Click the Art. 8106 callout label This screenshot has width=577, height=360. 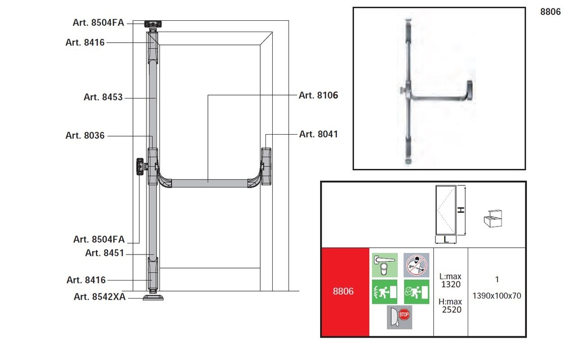tap(318, 95)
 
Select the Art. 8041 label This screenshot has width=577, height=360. tap(318, 134)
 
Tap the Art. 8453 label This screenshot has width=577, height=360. tap(103, 97)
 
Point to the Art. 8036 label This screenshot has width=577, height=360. tap(85, 135)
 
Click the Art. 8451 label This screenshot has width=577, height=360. tap(104, 253)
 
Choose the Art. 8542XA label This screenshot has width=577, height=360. tap(100, 297)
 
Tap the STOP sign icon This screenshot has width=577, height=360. tap(404, 315)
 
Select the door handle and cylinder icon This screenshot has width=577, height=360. tap(384, 265)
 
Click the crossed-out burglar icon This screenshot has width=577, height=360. tap(416, 265)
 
